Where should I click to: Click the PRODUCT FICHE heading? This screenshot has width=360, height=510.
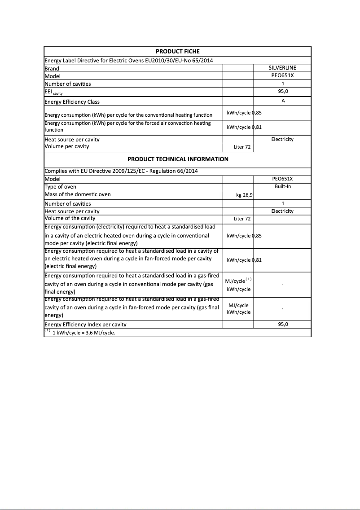(177, 52)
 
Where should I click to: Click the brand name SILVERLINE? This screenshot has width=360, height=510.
(282, 68)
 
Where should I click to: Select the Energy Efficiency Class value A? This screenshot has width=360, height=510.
(283, 101)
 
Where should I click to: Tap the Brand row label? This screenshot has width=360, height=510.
(52, 69)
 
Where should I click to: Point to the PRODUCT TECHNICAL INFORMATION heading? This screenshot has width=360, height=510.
(178, 159)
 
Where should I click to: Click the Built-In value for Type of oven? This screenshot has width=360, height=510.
(283, 186)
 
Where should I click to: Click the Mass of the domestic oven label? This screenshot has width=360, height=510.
(77, 194)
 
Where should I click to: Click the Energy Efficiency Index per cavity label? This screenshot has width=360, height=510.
(85, 325)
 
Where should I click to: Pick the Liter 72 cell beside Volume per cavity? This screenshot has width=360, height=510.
(242, 147)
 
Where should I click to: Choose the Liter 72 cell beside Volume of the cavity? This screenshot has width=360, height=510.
(242, 219)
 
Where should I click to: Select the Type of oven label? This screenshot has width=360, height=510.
(61, 187)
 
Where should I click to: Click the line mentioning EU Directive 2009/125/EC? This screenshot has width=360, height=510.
(121, 171)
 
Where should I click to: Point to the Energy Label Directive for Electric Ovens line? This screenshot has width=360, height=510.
(132, 61)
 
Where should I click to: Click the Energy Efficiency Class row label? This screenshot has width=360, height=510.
(72, 102)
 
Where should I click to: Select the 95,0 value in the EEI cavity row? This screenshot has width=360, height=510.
(283, 91)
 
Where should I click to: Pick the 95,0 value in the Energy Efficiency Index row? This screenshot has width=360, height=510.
(283, 324)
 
